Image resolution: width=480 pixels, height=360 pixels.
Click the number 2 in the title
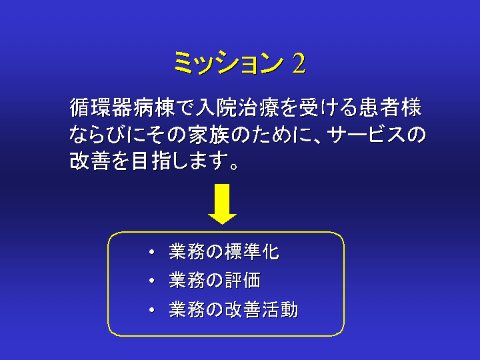click(x=299, y=63)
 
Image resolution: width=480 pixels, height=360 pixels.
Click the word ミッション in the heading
click(x=229, y=63)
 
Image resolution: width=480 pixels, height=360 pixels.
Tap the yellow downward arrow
click(x=222, y=204)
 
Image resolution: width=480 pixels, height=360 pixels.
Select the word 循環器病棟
click(x=122, y=108)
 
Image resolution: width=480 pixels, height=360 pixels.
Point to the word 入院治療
click(x=237, y=108)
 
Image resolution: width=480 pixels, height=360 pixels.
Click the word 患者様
click(x=391, y=108)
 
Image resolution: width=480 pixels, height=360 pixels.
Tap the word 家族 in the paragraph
click(x=209, y=135)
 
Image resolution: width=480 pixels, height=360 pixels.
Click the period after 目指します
click(x=234, y=167)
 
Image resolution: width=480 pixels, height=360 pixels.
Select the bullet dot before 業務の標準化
click(x=152, y=252)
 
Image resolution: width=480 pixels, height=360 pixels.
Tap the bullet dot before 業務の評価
click(x=152, y=281)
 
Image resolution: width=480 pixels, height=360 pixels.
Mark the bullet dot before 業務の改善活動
click(x=152, y=310)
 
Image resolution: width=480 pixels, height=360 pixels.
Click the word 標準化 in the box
click(x=252, y=252)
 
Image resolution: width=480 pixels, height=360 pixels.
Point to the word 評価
click(x=243, y=281)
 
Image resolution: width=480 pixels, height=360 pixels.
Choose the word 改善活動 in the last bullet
click(x=261, y=309)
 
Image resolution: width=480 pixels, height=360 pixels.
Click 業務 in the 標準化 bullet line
click(x=187, y=252)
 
